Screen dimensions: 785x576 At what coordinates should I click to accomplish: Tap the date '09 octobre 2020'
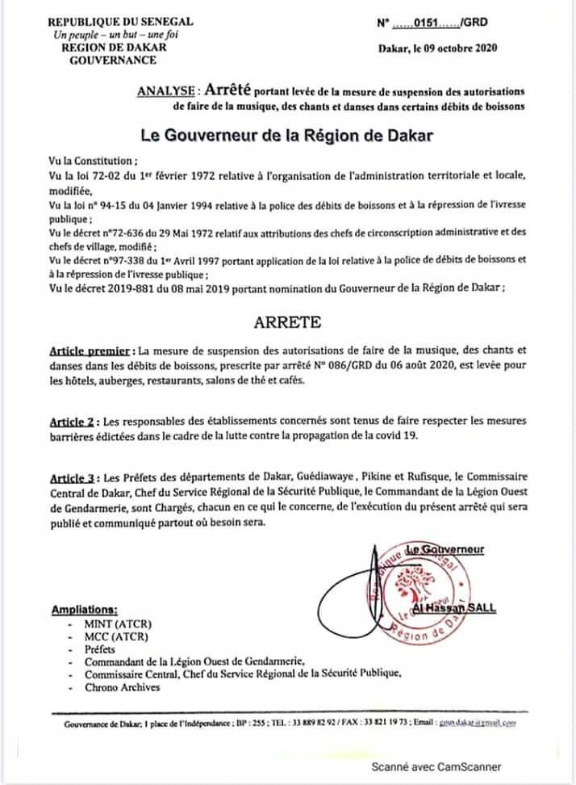[x=458, y=48]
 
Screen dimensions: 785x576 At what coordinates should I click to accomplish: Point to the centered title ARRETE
[x=288, y=321]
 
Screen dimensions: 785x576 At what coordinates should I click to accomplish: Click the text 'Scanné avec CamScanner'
[x=436, y=766]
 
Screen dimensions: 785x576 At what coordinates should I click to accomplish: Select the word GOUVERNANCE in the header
[x=107, y=60]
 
